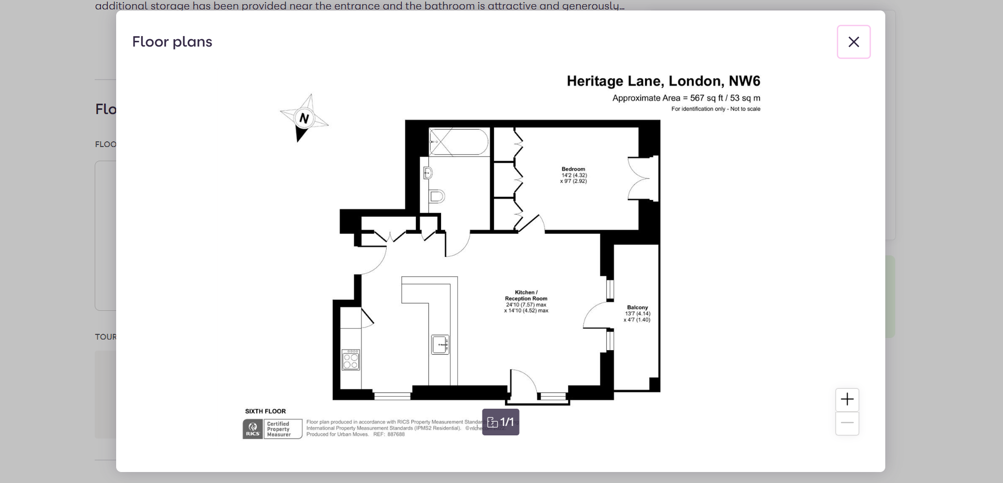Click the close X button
(x=853, y=42)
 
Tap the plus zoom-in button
(x=847, y=400)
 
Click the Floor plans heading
(x=172, y=42)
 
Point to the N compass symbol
(x=304, y=118)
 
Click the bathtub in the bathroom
(x=459, y=142)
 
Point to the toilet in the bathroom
(x=437, y=197)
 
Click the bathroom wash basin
(x=427, y=172)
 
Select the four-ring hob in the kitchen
(x=351, y=360)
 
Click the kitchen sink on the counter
(x=440, y=345)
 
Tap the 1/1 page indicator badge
(x=501, y=422)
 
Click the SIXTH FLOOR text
(x=265, y=411)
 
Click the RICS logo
(x=253, y=429)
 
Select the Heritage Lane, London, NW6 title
(x=663, y=81)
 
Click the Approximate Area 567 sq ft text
(x=686, y=98)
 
